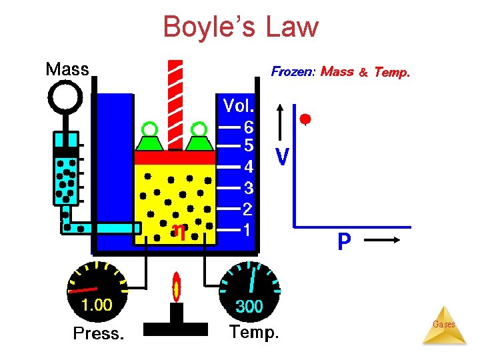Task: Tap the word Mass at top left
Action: (x=67, y=69)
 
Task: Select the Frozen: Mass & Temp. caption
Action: (x=340, y=71)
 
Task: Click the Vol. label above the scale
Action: (x=239, y=106)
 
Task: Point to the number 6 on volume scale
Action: (x=248, y=126)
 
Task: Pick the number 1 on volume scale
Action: (x=247, y=230)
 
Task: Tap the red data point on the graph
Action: (x=305, y=120)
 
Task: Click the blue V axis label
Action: (x=282, y=157)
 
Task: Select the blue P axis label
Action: (x=344, y=242)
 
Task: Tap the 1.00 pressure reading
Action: (x=97, y=306)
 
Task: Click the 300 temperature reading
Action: (x=251, y=307)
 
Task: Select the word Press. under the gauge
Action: (x=98, y=333)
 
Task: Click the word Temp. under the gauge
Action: (x=254, y=331)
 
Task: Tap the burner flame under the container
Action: (x=177, y=287)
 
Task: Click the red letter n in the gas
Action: (x=179, y=231)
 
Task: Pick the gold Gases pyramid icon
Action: (x=444, y=326)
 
